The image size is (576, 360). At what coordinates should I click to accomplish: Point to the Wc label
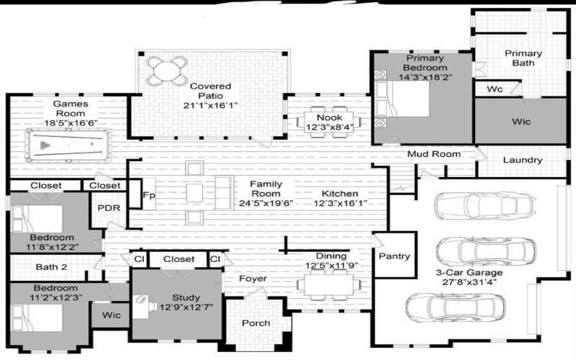coord(495,89)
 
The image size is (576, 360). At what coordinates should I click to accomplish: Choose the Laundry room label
coord(522,161)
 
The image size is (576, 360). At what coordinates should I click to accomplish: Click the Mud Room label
coord(433,154)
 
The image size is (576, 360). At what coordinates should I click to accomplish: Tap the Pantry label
coord(395,256)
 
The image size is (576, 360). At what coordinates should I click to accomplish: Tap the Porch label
coord(256,323)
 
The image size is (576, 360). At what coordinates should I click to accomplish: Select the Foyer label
coord(253,278)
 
